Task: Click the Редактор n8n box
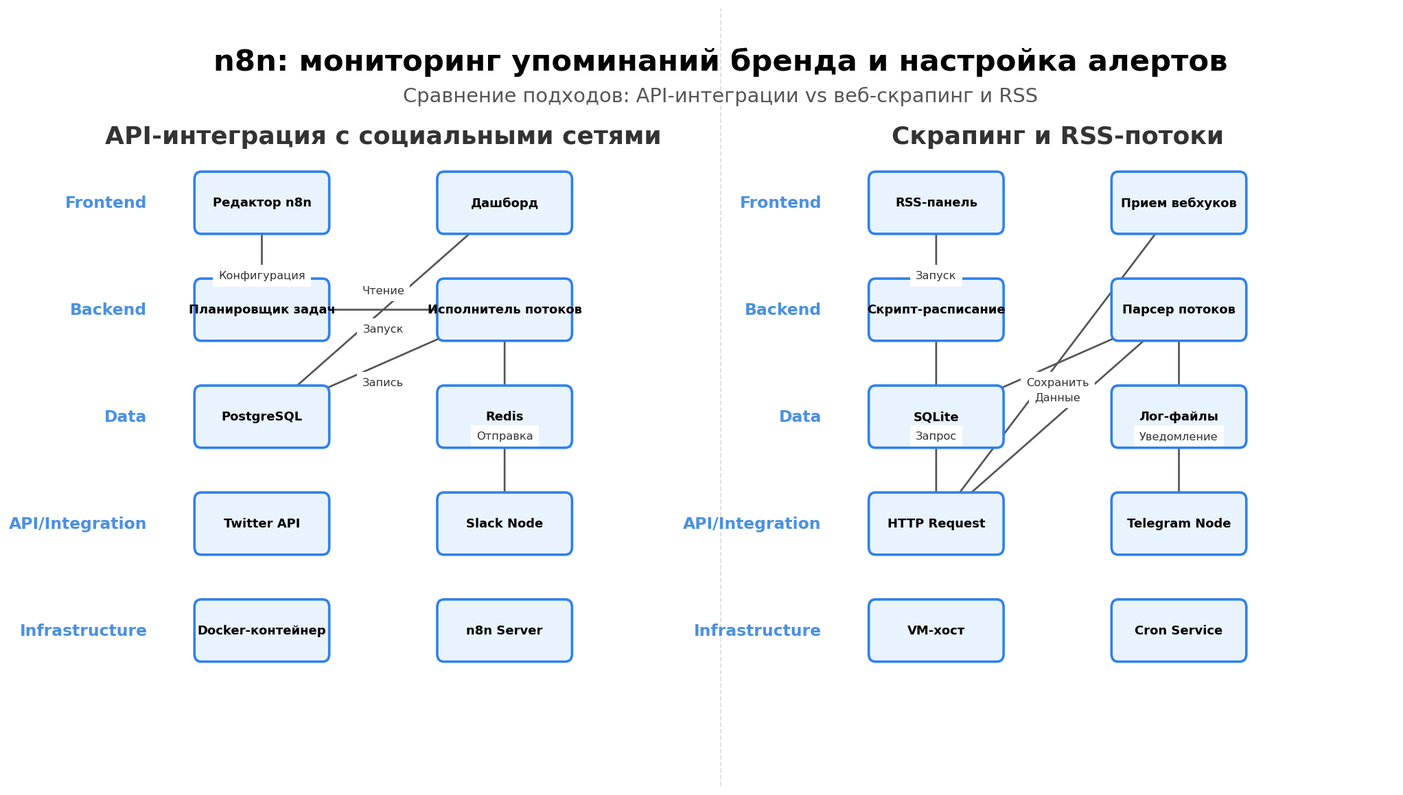point(262,203)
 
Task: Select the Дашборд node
point(505,203)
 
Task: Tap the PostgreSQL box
point(262,417)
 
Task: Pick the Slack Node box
point(505,524)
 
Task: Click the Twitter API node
point(262,524)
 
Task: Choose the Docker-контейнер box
point(262,631)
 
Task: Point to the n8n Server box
point(505,631)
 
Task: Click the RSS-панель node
point(936,203)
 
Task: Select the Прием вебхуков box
point(1179,203)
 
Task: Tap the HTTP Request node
point(936,524)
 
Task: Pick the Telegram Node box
point(1179,524)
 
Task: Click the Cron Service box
point(1179,631)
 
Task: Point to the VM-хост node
point(936,631)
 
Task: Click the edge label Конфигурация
point(262,276)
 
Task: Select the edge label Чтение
point(383,291)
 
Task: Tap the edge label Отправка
point(505,436)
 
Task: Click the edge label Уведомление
point(1178,437)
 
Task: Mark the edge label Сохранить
point(1057,383)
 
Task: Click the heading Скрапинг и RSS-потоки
point(1057,137)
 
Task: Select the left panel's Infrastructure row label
point(83,631)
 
